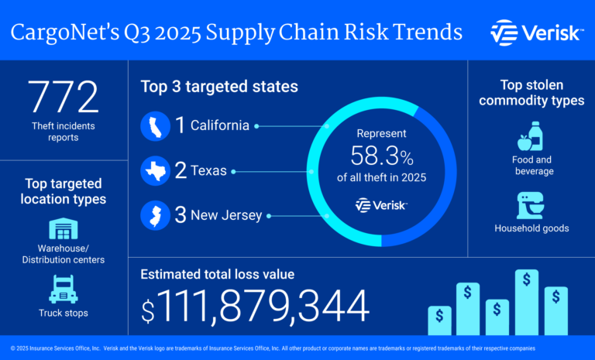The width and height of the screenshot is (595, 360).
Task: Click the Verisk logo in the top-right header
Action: [535, 33]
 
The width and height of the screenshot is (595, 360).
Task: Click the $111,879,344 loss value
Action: [256, 307]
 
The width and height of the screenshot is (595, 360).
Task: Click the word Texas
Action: [209, 171]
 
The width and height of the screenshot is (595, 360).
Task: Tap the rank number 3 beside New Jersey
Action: [181, 215]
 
